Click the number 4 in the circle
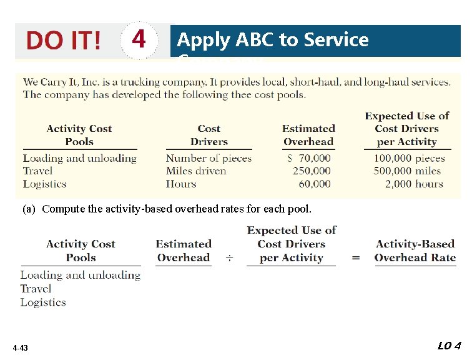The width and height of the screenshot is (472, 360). pyautogui.click(x=139, y=40)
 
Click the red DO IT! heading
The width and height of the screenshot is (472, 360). pyautogui.click(x=63, y=41)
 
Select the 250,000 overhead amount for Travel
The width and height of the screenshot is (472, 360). pyautogui.click(x=312, y=171)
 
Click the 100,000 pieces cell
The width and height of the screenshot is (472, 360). pyautogui.click(x=409, y=158)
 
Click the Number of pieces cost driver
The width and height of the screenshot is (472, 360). pyautogui.click(x=209, y=158)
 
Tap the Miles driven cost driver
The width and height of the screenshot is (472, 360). pyautogui.click(x=196, y=171)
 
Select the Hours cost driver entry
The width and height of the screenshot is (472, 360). pyautogui.click(x=181, y=184)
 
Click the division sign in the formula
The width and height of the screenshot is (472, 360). pyautogui.click(x=229, y=257)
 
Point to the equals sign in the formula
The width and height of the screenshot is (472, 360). pyautogui.click(x=356, y=257)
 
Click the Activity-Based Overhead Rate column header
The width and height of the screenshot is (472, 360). pyautogui.click(x=415, y=251)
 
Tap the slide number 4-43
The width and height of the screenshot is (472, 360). pyautogui.click(x=19, y=347)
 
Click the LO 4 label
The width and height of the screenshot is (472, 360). pyautogui.click(x=449, y=346)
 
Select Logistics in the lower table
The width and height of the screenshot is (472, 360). pyautogui.click(x=43, y=302)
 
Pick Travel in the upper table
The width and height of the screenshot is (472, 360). pyautogui.click(x=37, y=171)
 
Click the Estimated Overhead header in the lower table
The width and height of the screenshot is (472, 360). pyautogui.click(x=184, y=251)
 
